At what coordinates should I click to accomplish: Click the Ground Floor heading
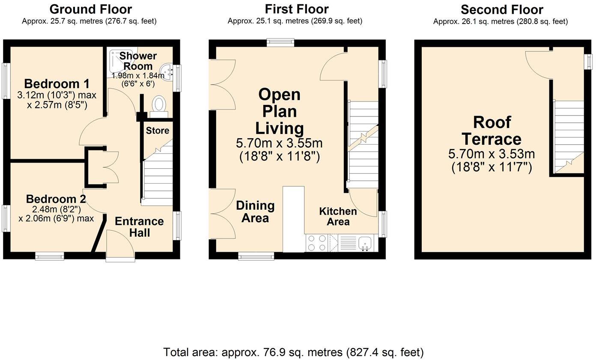click(91, 9)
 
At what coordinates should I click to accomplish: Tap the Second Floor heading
click(502, 9)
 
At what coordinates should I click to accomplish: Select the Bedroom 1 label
click(51, 83)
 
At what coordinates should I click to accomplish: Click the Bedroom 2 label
click(56, 199)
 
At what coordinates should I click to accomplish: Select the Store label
click(158, 131)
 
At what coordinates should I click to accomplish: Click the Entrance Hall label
click(139, 227)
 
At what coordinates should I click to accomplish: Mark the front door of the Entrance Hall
click(120, 246)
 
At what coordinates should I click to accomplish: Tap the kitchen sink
click(365, 243)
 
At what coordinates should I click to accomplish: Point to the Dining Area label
click(255, 211)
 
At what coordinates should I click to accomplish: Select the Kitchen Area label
click(338, 216)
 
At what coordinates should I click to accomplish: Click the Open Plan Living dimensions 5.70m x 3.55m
click(279, 143)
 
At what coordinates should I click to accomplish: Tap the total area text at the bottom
click(293, 352)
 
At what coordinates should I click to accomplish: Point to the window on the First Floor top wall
click(280, 42)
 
